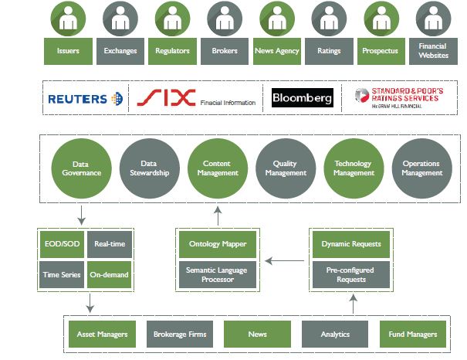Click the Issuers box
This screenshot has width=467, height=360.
[67, 51]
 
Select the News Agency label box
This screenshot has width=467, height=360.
[276, 51]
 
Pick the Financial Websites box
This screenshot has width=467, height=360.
[432, 51]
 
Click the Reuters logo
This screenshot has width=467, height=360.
[85, 98]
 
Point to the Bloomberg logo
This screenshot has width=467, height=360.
[302, 98]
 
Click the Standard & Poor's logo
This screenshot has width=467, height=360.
[397, 97]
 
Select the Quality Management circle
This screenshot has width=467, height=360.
[285, 168]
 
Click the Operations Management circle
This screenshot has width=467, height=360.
[422, 168]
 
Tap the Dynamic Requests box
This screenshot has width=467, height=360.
[351, 244]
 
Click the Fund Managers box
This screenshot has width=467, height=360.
[412, 335]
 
